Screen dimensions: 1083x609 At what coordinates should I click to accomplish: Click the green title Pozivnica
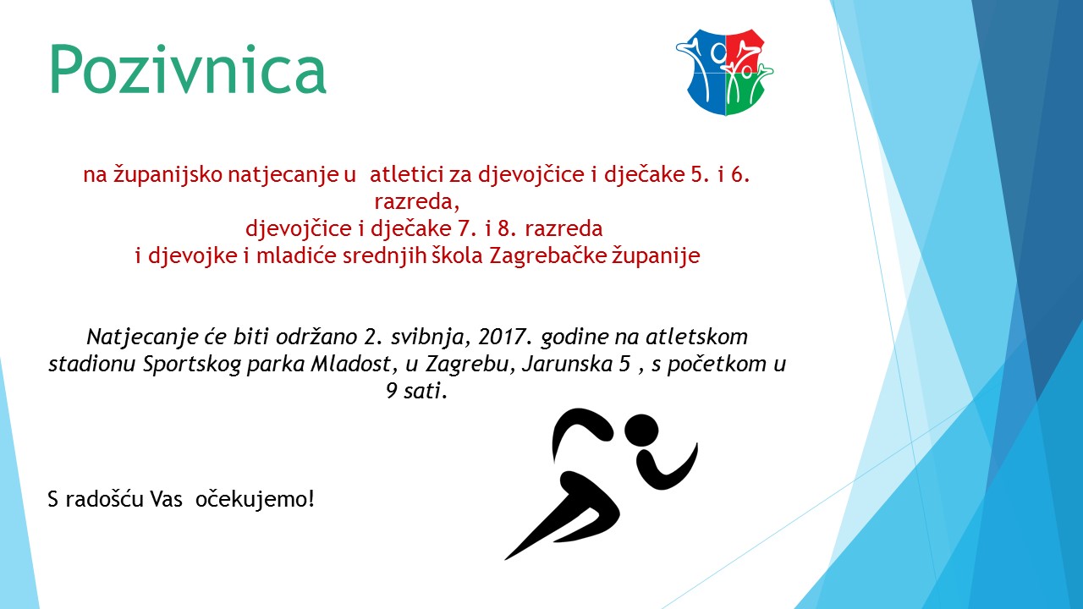click(188, 69)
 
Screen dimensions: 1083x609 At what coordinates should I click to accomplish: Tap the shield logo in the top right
click(724, 72)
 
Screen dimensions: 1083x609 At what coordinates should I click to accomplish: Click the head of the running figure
click(641, 431)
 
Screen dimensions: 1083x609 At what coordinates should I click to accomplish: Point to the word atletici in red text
click(407, 174)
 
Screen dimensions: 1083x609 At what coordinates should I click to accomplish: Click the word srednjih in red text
click(384, 256)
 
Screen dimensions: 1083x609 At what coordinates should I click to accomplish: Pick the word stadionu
click(92, 364)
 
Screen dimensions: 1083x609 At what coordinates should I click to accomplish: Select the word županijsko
click(168, 175)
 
